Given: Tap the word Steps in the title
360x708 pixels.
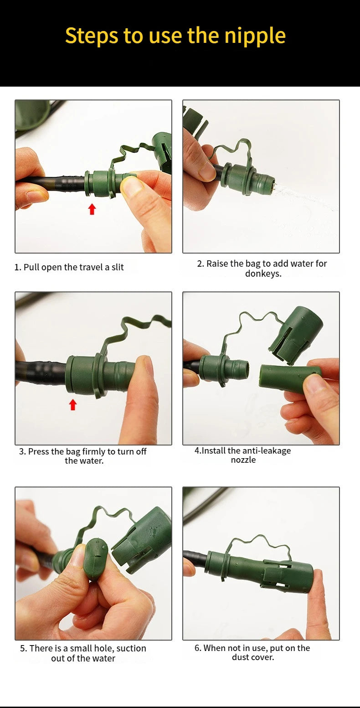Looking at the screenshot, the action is pyautogui.click(x=91, y=36).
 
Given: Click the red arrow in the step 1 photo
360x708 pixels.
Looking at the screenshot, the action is pyautogui.click(x=92, y=209).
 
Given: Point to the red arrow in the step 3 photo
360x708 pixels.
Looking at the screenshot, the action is pyautogui.click(x=73, y=404).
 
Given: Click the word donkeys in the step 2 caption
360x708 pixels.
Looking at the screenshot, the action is pyautogui.click(x=262, y=274).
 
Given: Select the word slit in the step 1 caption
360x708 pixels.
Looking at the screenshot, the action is pyautogui.click(x=118, y=267).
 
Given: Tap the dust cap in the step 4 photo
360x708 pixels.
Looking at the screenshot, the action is pyautogui.click(x=296, y=334).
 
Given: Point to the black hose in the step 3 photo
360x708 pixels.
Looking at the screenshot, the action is pyautogui.click(x=41, y=373).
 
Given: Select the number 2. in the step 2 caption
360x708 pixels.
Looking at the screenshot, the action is pyautogui.click(x=201, y=264).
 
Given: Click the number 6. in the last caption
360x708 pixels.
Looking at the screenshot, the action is pyautogui.click(x=198, y=648).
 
